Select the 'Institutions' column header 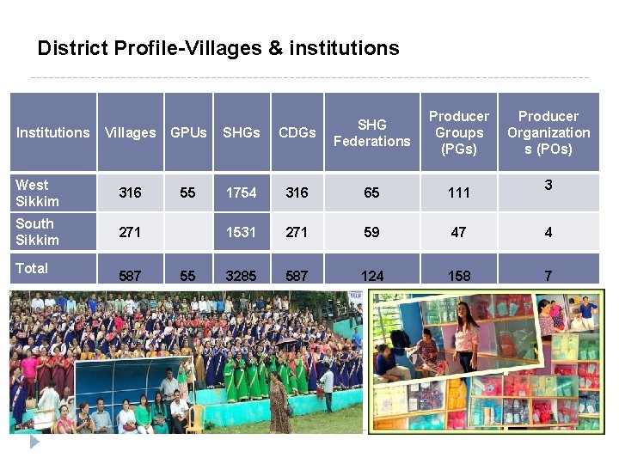click(x=52, y=132)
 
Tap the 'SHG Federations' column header click(x=371, y=132)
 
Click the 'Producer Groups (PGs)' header click(x=459, y=132)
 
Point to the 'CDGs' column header click(x=297, y=132)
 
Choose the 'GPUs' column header click(x=188, y=132)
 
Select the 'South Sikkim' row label click(x=37, y=231)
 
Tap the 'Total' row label click(x=32, y=268)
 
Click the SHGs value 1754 click(x=241, y=192)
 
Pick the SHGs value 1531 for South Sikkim click(x=241, y=232)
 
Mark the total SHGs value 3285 click(x=241, y=276)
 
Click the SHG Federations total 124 click(x=371, y=276)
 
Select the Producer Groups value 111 click(x=459, y=192)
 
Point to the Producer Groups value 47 click(x=459, y=232)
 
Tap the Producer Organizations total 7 click(x=549, y=276)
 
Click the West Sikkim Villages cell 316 click(x=130, y=192)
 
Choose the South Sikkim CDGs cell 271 click(x=297, y=232)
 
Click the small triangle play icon click(x=34, y=443)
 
